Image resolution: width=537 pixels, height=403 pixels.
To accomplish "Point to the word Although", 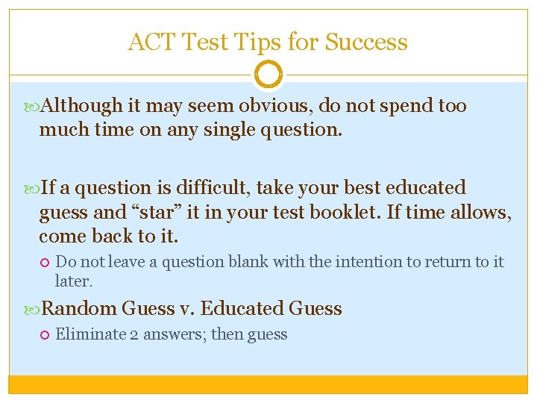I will click(x=83, y=106).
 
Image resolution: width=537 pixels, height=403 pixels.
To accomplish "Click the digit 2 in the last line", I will click(x=135, y=334).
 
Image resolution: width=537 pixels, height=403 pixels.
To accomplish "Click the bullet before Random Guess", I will click(x=32, y=308).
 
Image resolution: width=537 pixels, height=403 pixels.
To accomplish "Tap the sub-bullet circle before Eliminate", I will click(x=45, y=334).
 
